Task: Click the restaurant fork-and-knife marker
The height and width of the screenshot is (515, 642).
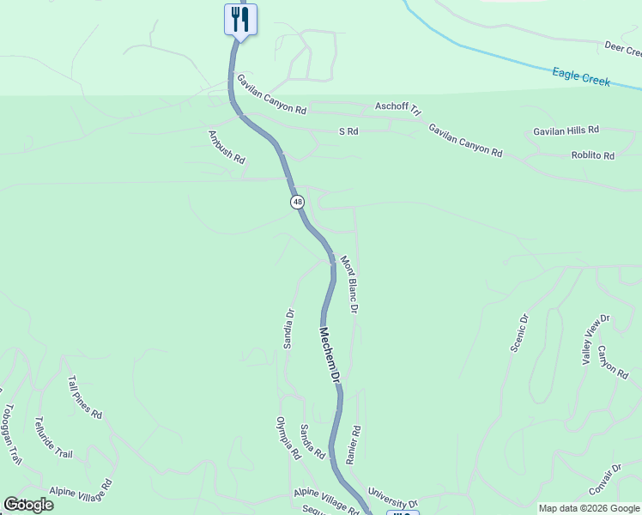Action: [x=240, y=19]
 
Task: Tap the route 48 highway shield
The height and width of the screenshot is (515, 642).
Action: [x=297, y=202]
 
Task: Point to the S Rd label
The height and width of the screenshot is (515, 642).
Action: [x=348, y=131]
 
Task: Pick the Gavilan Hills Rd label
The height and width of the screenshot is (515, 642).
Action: [x=566, y=130]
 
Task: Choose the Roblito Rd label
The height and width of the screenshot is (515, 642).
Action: [x=593, y=155]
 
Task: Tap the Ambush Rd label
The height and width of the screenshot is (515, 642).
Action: [x=227, y=147]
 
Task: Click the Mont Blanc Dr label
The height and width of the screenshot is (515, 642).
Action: [x=348, y=284]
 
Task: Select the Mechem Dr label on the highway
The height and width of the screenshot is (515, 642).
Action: [x=330, y=354]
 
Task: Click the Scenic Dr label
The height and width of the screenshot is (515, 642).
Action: [x=519, y=332]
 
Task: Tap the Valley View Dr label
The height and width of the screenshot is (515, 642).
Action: [x=595, y=336]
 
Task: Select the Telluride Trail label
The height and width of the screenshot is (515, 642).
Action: [x=54, y=438]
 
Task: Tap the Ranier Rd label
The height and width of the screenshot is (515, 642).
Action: [x=353, y=445]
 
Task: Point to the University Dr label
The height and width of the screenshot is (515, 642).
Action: [x=392, y=498]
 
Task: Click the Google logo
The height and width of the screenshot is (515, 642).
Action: [x=28, y=505]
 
